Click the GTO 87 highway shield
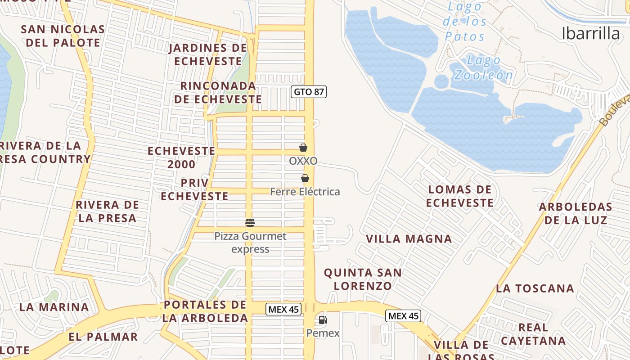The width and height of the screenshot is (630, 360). [308, 92]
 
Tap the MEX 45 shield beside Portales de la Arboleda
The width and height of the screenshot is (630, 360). [283, 309]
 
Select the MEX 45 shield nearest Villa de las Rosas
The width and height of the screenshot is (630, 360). [403, 316]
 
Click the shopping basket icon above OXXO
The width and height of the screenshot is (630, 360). [303, 148]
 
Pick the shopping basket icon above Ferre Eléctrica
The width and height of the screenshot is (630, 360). [305, 178]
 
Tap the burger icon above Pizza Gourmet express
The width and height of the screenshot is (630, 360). [250, 222]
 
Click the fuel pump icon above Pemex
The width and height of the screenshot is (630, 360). [323, 320]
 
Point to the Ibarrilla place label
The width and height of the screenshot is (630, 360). [590, 33]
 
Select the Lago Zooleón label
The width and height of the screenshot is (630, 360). [483, 67]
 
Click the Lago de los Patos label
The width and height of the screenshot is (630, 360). [465, 22]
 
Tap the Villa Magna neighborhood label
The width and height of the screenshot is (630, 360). [409, 239]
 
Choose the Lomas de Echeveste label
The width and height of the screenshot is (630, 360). [460, 196]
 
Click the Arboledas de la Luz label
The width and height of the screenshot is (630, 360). [576, 213]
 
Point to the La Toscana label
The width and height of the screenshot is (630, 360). [535, 288]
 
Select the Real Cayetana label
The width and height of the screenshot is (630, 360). [533, 334]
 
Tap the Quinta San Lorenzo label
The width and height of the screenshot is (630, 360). [363, 279]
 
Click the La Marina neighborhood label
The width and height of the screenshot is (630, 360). [54, 307]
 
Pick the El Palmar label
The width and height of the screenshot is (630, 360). [103, 337]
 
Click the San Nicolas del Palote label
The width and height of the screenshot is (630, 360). [63, 36]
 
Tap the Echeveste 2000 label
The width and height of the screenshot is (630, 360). [181, 157]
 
